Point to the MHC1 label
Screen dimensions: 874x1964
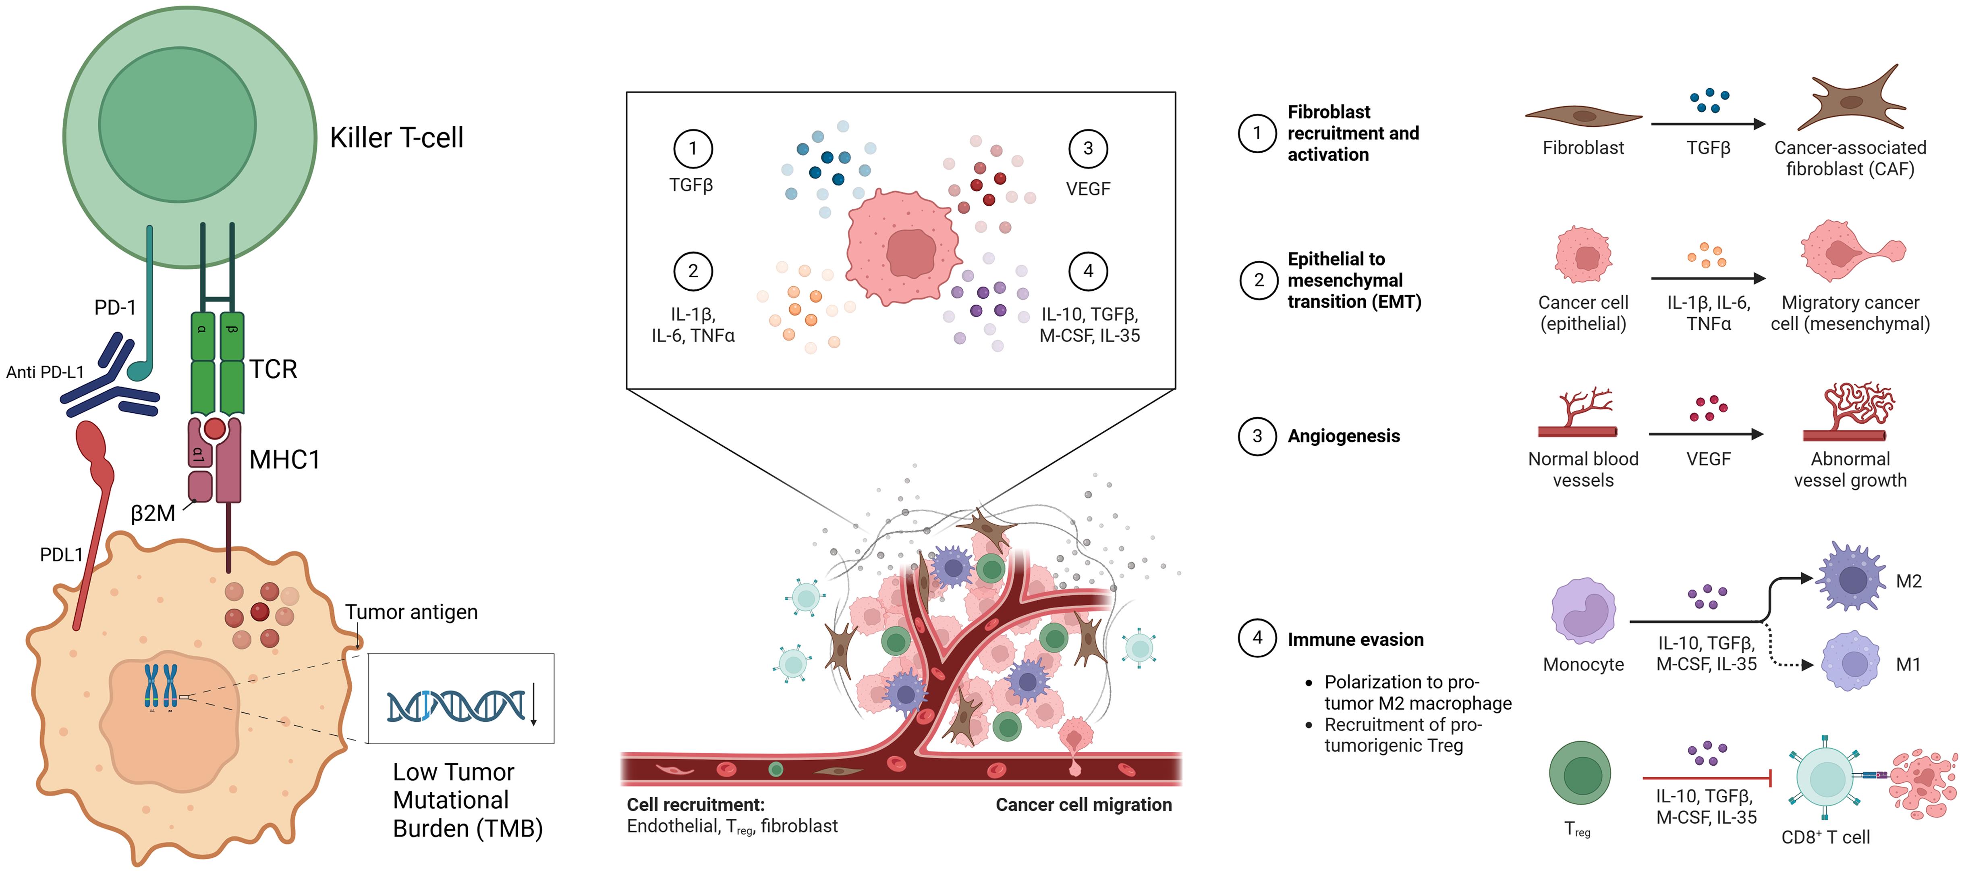[284, 460]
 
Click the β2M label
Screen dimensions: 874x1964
[152, 513]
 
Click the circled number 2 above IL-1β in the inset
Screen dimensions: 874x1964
[692, 271]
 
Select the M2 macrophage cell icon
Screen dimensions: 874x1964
[1851, 578]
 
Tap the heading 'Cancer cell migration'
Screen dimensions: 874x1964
[1083, 805]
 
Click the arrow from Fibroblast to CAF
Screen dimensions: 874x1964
[1708, 123]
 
